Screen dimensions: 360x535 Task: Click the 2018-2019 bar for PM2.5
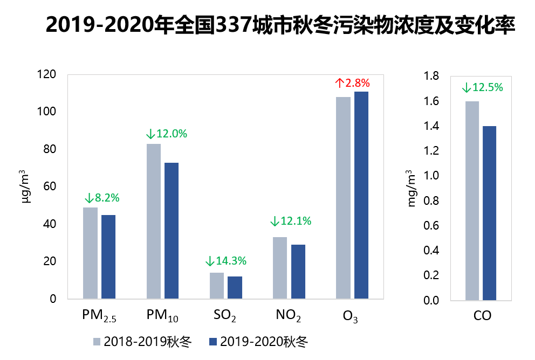click(x=90, y=253)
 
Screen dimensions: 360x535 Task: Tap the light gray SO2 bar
click(x=217, y=285)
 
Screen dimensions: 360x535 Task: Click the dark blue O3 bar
click(x=361, y=195)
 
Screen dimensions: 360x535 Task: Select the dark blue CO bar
click(x=489, y=213)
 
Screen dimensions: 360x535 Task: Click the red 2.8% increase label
click(x=352, y=83)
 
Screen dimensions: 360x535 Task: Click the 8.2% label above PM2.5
click(x=102, y=198)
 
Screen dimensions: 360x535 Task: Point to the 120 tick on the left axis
click(x=46, y=74)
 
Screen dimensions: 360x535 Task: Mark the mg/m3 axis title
click(x=411, y=189)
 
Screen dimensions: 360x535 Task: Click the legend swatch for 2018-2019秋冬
click(x=97, y=342)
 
